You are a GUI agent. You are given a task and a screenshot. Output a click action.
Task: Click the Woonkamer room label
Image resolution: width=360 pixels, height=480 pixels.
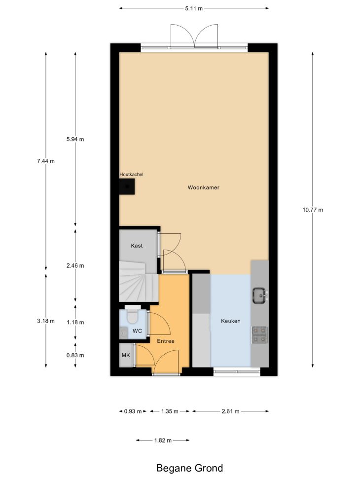tap(204, 187)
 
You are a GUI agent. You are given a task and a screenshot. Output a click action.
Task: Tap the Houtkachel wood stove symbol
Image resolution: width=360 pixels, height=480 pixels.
tap(127, 186)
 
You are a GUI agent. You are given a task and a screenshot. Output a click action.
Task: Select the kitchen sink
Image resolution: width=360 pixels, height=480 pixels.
tap(260, 295)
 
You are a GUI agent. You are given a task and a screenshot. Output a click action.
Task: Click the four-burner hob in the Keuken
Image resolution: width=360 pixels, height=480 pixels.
tap(259, 334)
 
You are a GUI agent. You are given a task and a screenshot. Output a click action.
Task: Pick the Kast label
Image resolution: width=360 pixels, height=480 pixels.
tap(137, 246)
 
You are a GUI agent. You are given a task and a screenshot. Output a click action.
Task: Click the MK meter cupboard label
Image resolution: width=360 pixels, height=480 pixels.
tap(126, 355)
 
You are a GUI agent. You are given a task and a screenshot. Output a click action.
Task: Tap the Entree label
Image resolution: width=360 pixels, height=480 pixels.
tap(166, 341)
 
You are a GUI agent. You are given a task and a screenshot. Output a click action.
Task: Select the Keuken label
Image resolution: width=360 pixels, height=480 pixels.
tap(230, 321)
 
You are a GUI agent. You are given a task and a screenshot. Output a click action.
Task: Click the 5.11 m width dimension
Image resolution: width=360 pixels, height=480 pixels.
tap(194, 8)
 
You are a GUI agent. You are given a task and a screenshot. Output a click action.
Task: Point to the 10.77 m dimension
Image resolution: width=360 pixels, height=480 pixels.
tap(313, 210)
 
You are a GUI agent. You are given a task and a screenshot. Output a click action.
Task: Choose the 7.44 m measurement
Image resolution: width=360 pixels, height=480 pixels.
tap(46, 161)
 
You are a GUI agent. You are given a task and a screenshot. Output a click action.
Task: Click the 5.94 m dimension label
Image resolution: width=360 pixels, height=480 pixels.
tap(75, 139)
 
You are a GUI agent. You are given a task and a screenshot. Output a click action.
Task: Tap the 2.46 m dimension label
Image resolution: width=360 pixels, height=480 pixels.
tap(75, 266)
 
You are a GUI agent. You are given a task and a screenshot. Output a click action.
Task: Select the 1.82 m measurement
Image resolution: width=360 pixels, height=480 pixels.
tap(163, 440)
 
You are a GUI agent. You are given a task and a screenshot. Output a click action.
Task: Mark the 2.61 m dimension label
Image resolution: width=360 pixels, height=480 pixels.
tap(230, 411)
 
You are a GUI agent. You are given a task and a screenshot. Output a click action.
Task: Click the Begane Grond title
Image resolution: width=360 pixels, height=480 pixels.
tap(189, 468)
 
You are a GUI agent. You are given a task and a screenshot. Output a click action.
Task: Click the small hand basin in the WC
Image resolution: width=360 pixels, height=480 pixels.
tap(123, 332)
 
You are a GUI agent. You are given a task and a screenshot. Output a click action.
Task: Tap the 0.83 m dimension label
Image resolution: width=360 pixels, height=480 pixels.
tap(75, 355)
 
